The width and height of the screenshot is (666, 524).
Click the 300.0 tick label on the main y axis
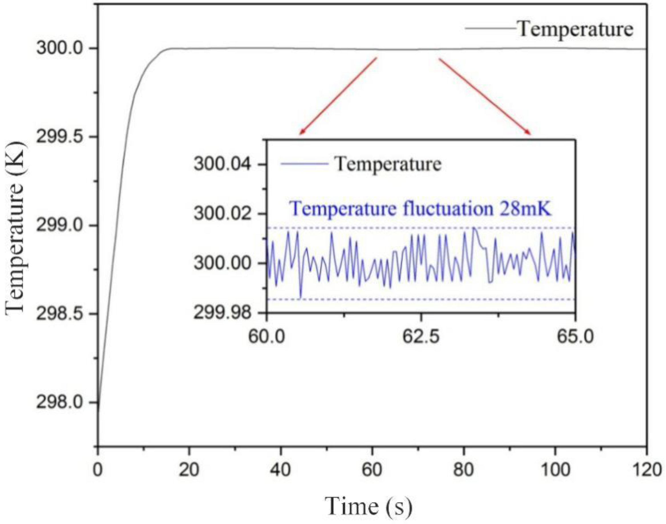click(x=60, y=48)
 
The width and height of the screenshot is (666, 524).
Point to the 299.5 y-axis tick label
click(x=60, y=137)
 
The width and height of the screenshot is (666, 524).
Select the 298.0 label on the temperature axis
click(x=60, y=402)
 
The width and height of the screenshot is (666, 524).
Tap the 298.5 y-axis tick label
click(x=60, y=314)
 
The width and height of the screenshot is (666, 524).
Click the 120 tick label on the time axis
click(x=647, y=470)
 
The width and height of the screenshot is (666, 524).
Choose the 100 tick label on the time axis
click(x=555, y=470)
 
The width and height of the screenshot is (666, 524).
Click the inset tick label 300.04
click(x=226, y=164)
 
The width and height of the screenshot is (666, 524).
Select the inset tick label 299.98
click(x=226, y=313)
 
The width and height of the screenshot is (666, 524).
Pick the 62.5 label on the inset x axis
click(x=421, y=337)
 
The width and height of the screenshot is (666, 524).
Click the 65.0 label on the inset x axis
click(x=574, y=337)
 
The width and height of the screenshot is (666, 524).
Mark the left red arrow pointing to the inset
click(x=337, y=96)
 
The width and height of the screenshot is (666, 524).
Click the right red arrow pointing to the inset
click(x=485, y=96)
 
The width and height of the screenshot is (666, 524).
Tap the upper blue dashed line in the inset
click(x=368, y=228)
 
